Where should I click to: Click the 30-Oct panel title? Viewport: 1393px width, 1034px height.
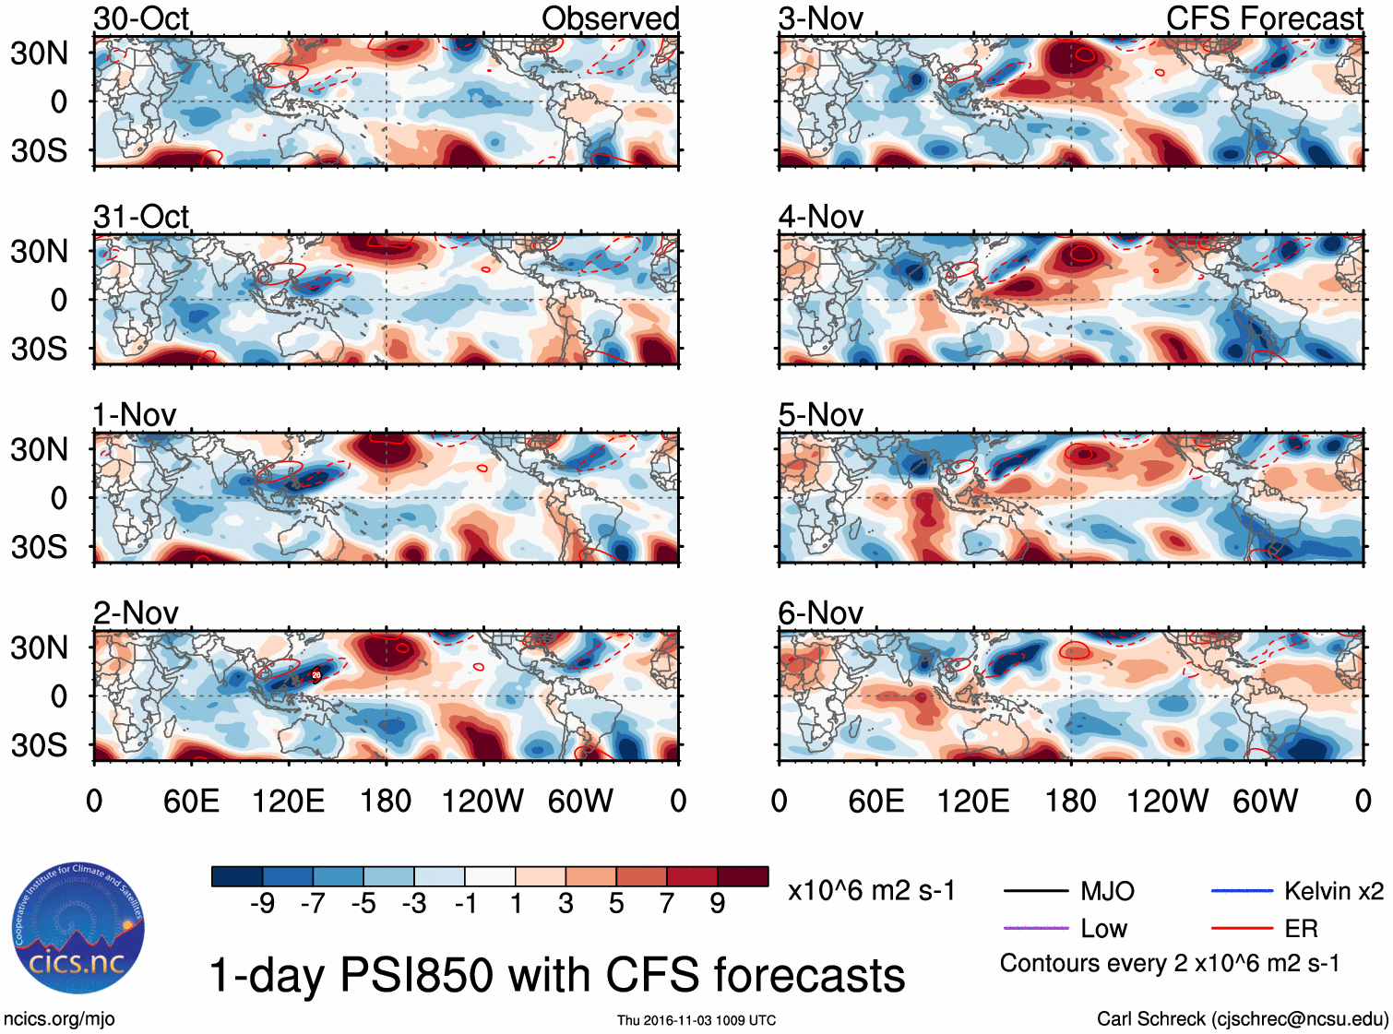[141, 18]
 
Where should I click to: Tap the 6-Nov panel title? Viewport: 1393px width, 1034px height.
[820, 613]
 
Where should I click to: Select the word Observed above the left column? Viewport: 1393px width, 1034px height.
[610, 18]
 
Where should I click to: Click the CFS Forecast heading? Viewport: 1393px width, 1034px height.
[1264, 18]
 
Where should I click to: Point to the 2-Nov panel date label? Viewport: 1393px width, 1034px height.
[136, 613]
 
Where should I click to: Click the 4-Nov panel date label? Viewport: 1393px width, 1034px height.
[820, 217]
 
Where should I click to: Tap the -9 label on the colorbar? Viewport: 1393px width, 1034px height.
[262, 904]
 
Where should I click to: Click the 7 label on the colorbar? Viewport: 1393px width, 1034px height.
[667, 904]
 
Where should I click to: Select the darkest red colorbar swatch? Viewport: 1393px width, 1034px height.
[743, 876]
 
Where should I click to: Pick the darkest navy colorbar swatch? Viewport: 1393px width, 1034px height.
[237, 876]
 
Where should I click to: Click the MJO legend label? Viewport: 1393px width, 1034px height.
[1107, 891]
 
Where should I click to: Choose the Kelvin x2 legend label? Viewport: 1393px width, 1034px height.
[1333, 891]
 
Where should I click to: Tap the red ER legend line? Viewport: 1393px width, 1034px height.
[1242, 928]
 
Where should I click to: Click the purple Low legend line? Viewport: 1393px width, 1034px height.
[1035, 928]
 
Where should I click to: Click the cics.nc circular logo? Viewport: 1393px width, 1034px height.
[77, 929]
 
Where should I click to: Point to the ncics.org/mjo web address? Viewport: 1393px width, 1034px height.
[59, 1019]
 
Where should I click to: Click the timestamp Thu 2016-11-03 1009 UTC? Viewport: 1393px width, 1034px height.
[696, 1020]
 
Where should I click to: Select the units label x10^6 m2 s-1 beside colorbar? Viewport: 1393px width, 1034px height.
[871, 891]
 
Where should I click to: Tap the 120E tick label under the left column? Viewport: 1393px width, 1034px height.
[288, 801]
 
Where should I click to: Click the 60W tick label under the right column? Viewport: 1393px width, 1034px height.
[1265, 801]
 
